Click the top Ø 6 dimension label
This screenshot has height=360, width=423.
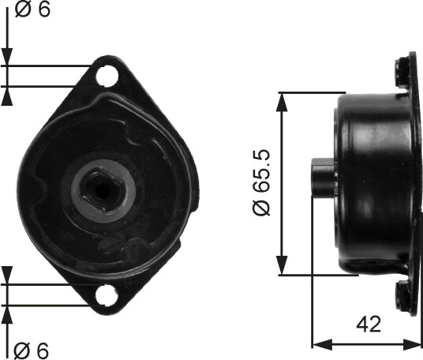32,9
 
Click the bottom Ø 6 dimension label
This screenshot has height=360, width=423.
32,351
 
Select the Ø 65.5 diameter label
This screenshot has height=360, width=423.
261,182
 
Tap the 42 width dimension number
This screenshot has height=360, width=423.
369,324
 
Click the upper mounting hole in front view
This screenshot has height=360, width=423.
107,76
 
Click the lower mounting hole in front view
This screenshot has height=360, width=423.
107,294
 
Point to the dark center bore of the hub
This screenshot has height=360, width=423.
103,190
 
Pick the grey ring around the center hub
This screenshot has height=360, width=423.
103,190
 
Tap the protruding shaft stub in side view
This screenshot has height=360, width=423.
323,177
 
